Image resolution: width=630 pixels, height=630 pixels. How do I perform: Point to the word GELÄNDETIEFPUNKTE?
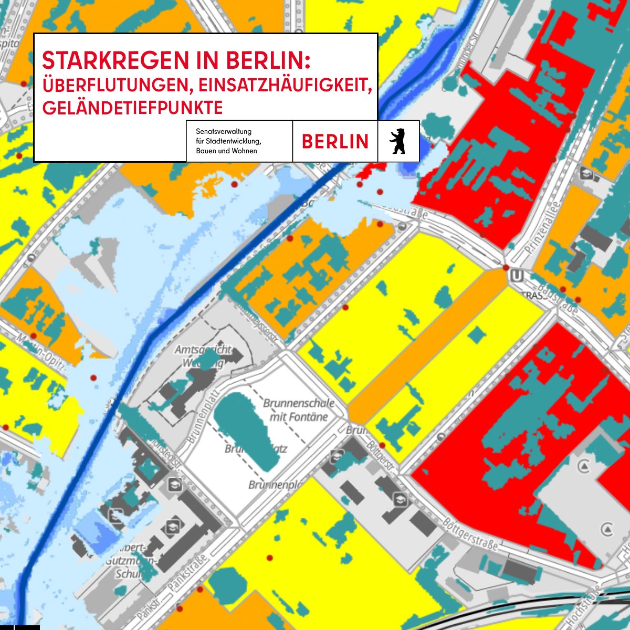coord(132,108)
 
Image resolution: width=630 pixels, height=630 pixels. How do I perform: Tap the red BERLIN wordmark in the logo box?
coord(335,141)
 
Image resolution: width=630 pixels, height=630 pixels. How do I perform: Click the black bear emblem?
coord(398,141)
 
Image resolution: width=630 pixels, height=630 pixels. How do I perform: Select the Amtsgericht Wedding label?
coord(203,355)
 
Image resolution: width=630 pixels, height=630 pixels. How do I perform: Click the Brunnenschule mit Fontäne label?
coord(298,410)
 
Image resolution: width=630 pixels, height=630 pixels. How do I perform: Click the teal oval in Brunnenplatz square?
coord(247,430)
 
